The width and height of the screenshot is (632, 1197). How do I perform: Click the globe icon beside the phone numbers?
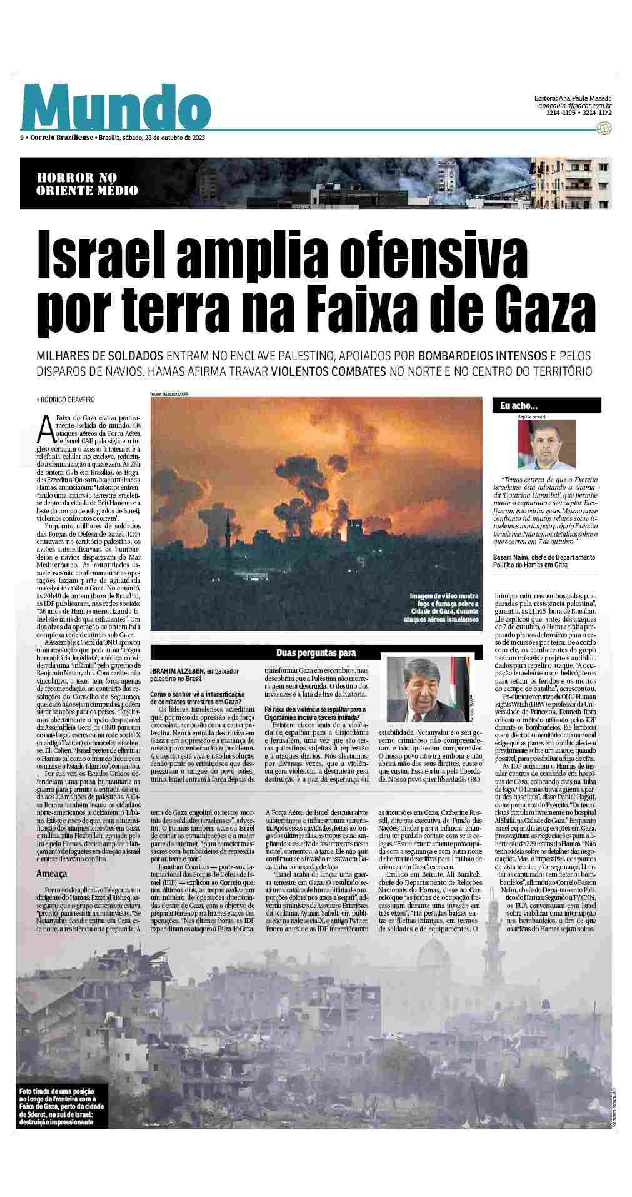pos(604,128)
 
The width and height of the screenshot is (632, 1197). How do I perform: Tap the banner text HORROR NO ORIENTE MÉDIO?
pos(88,184)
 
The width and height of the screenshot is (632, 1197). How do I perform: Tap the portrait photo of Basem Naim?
pos(546,445)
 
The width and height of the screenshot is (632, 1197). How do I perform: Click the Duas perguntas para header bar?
pos(316,654)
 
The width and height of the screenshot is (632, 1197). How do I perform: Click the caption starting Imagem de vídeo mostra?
pos(444,607)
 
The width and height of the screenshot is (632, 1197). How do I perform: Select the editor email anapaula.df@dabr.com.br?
pos(574,106)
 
